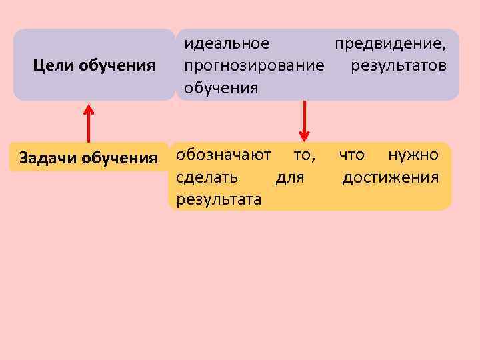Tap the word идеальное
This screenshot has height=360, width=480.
click(x=227, y=44)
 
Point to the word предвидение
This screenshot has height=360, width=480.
click(x=391, y=44)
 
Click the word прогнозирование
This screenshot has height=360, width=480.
click(x=255, y=66)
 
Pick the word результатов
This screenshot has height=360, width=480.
click(x=399, y=66)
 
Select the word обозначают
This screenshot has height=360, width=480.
click(x=223, y=155)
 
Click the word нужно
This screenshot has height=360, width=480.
click(x=413, y=155)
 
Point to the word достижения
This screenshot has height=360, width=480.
click(x=390, y=177)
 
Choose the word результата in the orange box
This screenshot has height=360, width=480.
click(x=219, y=199)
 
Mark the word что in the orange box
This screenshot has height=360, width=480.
click(x=351, y=155)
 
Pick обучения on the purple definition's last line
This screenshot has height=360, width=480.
click(x=221, y=88)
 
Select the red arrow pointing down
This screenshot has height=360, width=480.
click(x=304, y=120)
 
